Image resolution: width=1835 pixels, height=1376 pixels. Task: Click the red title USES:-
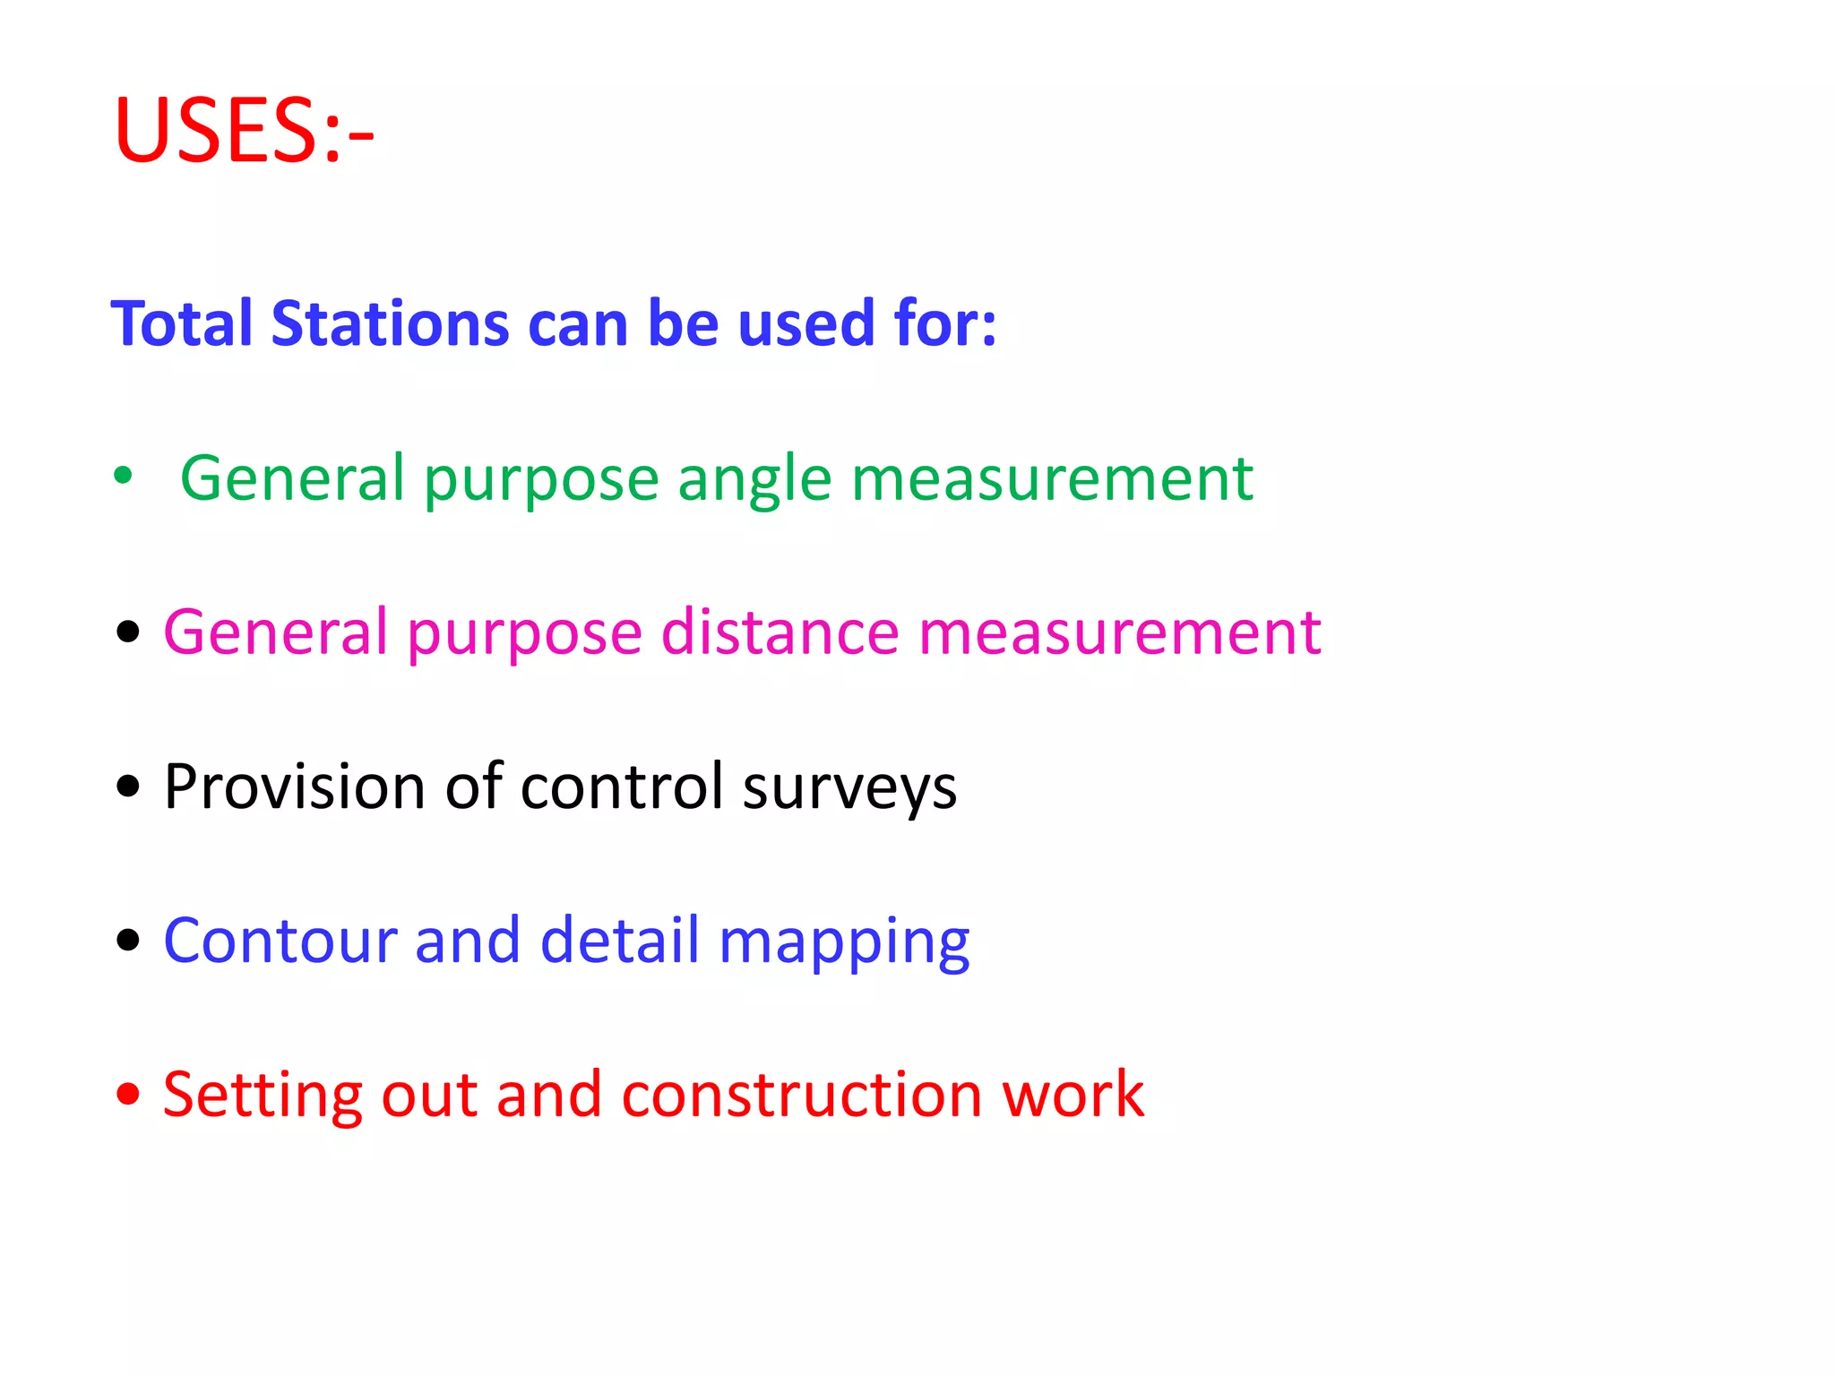point(244,131)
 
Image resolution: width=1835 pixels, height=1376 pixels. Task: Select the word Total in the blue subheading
point(185,323)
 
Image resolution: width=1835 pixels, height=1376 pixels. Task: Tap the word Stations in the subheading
point(391,323)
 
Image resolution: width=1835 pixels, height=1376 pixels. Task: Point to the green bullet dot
point(124,475)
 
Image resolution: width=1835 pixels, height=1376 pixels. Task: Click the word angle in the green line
point(754,480)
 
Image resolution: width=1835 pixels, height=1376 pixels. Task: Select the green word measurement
point(1052,478)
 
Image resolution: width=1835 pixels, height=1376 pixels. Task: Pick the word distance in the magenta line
point(780,632)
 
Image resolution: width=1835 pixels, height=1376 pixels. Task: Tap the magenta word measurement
point(1120,632)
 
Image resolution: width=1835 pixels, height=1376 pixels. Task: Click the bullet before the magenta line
point(129,632)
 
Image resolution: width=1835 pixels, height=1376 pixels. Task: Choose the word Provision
point(296,787)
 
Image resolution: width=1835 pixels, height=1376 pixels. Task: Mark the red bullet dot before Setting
point(129,1094)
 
